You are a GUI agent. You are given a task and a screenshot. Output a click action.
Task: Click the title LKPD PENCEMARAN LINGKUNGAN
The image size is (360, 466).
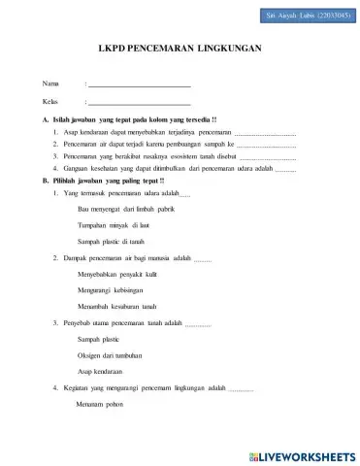(180, 47)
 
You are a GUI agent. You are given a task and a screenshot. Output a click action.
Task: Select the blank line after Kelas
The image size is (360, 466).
(139, 103)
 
